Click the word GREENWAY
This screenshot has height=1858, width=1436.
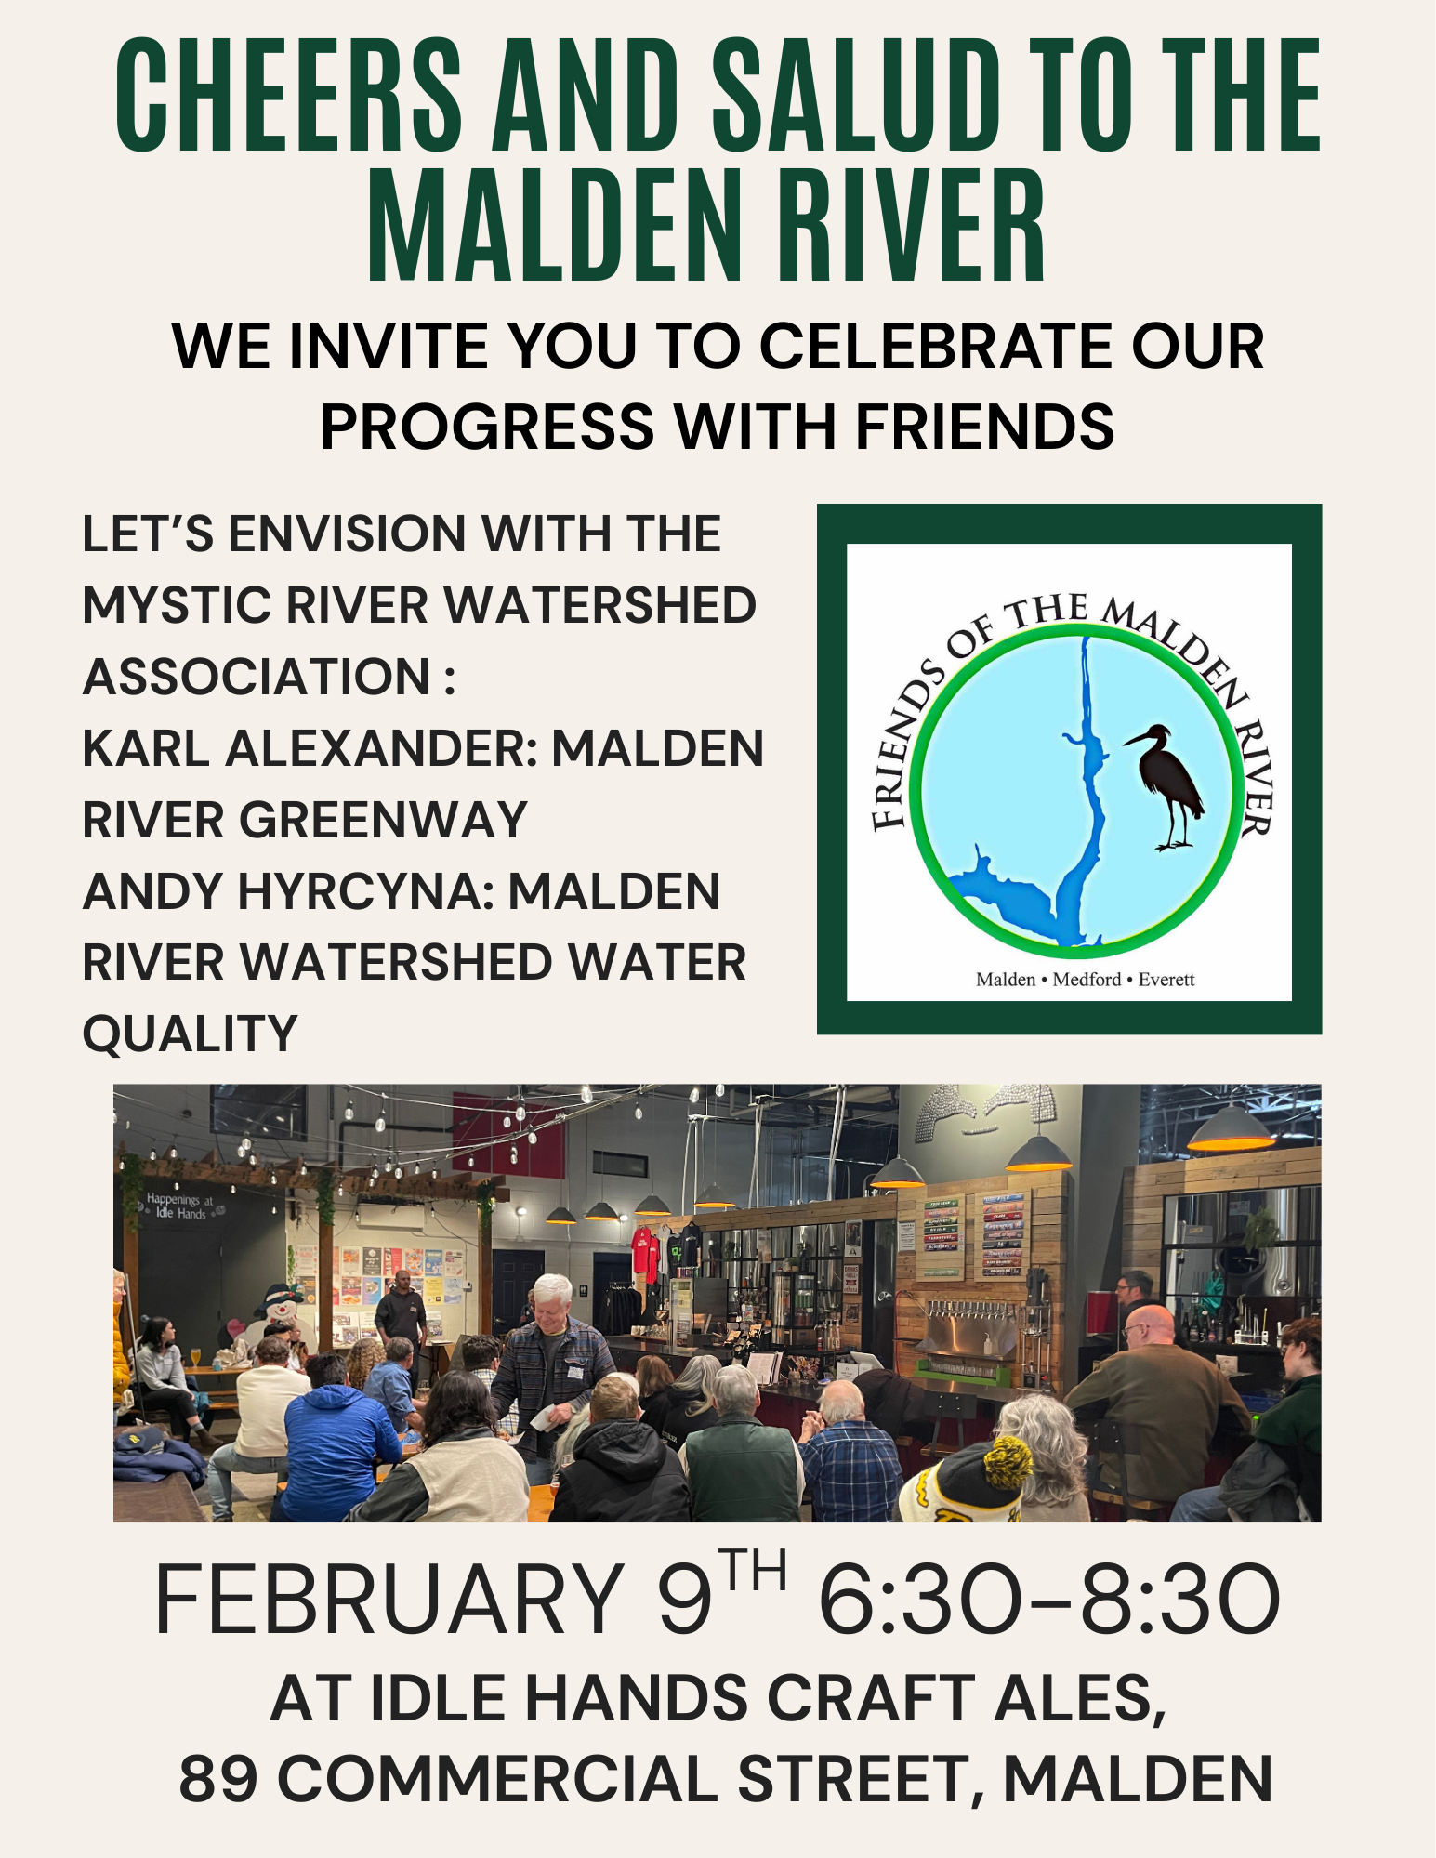pyautogui.click(x=383, y=820)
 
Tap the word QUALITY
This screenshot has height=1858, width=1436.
pyautogui.click(x=191, y=1034)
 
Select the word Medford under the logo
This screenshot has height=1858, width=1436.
pyautogui.click(x=1087, y=980)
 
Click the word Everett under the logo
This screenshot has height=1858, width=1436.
pyautogui.click(x=1166, y=980)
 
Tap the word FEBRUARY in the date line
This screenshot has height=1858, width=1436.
pyautogui.click(x=389, y=1601)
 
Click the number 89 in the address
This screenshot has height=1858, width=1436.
pyautogui.click(x=217, y=1779)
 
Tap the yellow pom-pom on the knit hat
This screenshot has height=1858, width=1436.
pyautogui.click(x=1008, y=1462)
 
